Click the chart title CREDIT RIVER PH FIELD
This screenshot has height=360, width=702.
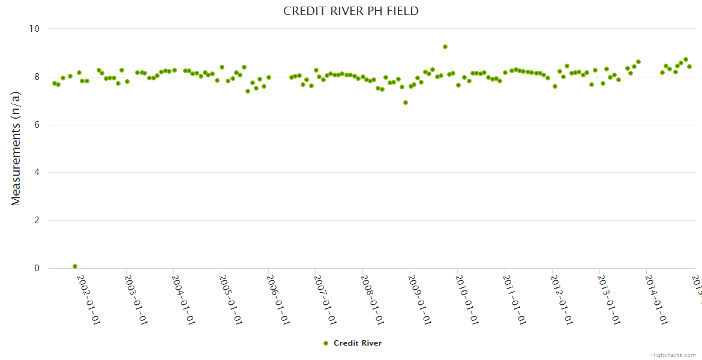pos(351,11)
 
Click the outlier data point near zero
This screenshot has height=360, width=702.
pos(75,266)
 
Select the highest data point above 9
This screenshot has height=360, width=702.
pos(445,47)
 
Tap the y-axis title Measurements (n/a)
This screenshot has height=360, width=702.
pos(16,148)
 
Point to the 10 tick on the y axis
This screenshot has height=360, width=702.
pos(34,29)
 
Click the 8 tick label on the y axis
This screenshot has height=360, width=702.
pos(37,77)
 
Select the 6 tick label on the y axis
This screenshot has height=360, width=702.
pos(37,125)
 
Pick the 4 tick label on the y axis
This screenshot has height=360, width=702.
pos(37,173)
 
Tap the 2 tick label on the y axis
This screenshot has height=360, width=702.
pos(37,220)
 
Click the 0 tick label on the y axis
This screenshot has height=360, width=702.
pos(37,268)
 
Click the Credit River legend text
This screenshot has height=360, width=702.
pos(358,343)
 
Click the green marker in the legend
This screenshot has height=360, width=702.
pos(326,343)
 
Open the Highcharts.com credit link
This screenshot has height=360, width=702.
pos(673,355)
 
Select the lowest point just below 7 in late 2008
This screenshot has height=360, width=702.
pos(406,103)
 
